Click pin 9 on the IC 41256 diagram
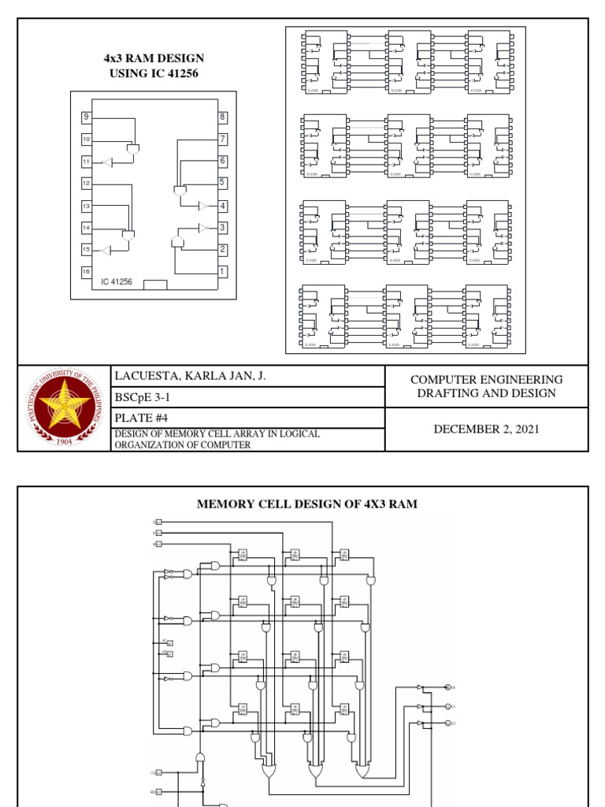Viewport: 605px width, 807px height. tap(86, 117)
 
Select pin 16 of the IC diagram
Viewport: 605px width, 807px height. tap(86, 271)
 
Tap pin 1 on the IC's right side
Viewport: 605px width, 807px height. tap(223, 271)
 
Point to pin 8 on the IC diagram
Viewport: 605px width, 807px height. tap(223, 117)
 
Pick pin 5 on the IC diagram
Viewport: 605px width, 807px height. tap(223, 183)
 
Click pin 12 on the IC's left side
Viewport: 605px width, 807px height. tap(86, 183)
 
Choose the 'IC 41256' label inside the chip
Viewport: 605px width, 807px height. tap(116, 281)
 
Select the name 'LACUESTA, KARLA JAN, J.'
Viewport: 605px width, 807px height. tap(191, 376)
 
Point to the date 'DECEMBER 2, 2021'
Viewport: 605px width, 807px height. tap(486, 429)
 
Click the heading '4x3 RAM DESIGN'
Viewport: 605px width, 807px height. tap(154, 58)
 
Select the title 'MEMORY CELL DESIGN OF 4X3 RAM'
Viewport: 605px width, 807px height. tap(306, 504)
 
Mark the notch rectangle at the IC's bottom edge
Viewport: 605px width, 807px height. tap(155, 285)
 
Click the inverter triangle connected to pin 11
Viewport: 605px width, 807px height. tap(108, 162)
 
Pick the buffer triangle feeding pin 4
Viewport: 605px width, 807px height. tap(202, 206)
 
